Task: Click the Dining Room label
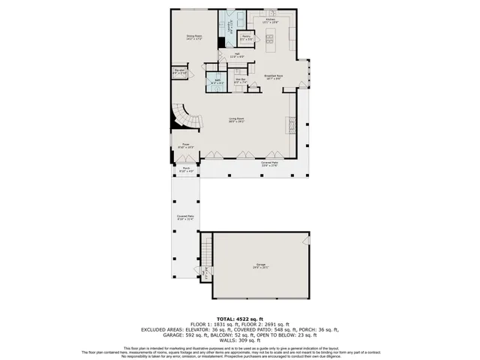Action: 194,36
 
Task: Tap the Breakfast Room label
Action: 274,76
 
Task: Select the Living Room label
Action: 237,119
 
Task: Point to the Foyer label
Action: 185,146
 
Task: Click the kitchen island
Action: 270,42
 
